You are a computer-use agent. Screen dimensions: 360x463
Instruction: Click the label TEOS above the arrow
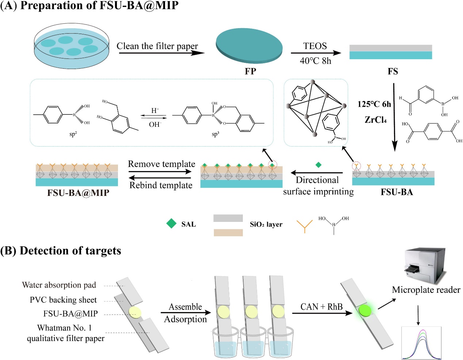pyautogui.click(x=315, y=46)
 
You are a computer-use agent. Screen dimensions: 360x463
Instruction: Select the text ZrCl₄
pyautogui.click(x=375, y=120)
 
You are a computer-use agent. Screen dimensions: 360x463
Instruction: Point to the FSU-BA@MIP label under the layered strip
pyautogui.click(x=78, y=193)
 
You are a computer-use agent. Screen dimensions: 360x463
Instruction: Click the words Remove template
pyautogui.click(x=161, y=164)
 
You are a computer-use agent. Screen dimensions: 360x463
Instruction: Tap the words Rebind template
pyautogui.click(x=161, y=185)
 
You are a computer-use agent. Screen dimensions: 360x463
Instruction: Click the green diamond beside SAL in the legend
pyautogui.click(x=171, y=224)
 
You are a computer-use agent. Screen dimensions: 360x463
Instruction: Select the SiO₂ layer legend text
pyautogui.click(x=266, y=224)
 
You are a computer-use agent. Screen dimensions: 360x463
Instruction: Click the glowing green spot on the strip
pyautogui.click(x=364, y=311)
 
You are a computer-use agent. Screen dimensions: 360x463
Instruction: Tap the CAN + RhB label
pyautogui.click(x=321, y=307)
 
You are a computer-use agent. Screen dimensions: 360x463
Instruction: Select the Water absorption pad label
pyautogui.click(x=59, y=285)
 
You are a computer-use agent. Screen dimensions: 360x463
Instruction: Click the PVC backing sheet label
pyautogui.click(x=63, y=300)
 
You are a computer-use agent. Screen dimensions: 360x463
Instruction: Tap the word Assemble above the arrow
pyautogui.click(x=185, y=307)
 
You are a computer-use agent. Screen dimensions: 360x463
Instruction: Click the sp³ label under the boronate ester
pyautogui.click(x=215, y=134)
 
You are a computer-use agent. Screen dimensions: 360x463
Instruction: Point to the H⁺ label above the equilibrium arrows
pyautogui.click(x=155, y=110)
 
